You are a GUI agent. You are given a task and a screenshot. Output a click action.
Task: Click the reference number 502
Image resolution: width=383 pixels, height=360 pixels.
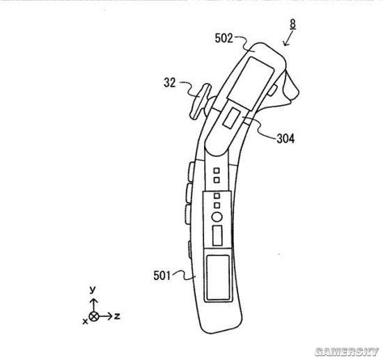coord(224,38)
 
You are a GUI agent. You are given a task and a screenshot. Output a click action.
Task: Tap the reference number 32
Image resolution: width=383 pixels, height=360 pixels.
coord(169,83)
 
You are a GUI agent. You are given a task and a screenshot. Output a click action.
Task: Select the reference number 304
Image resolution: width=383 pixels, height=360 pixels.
coord(286,139)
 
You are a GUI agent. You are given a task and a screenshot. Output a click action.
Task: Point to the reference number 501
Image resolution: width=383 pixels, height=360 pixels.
coord(162,276)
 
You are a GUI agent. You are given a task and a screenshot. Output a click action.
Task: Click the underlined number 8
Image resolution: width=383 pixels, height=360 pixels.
coord(293,24)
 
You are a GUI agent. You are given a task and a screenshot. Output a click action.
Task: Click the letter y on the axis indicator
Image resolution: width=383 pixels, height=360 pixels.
coord(93,290)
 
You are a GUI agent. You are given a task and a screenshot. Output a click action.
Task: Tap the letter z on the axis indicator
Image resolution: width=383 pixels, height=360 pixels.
coord(117,316)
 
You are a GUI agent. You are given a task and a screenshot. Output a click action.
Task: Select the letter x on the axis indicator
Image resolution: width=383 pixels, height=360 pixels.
coord(85,322)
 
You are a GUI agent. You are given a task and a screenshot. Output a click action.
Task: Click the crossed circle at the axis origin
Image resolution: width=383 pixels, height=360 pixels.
coord(94,317)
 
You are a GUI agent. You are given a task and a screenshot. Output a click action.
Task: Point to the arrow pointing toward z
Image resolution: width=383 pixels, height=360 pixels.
coord(106,317)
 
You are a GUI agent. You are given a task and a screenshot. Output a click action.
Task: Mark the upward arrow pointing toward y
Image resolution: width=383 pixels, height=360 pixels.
coord(94,305)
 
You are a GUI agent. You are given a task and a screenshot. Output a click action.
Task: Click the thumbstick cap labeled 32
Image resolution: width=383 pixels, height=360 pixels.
coord(200,102)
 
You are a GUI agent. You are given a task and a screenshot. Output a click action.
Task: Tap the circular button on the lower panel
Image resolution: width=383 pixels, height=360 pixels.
coord(217,217)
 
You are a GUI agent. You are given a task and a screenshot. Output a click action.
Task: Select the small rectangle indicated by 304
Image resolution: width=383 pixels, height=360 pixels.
coord(231,118)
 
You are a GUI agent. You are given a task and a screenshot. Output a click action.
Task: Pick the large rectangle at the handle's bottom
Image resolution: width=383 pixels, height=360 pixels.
coord(218,277)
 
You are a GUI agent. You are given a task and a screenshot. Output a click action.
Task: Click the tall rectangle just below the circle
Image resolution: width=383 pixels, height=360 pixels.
coord(217,235)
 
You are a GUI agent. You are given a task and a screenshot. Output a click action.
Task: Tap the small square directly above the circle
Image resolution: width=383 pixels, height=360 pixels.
coord(217,205)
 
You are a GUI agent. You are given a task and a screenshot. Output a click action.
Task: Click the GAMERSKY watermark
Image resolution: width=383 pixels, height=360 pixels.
coord(347,352)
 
